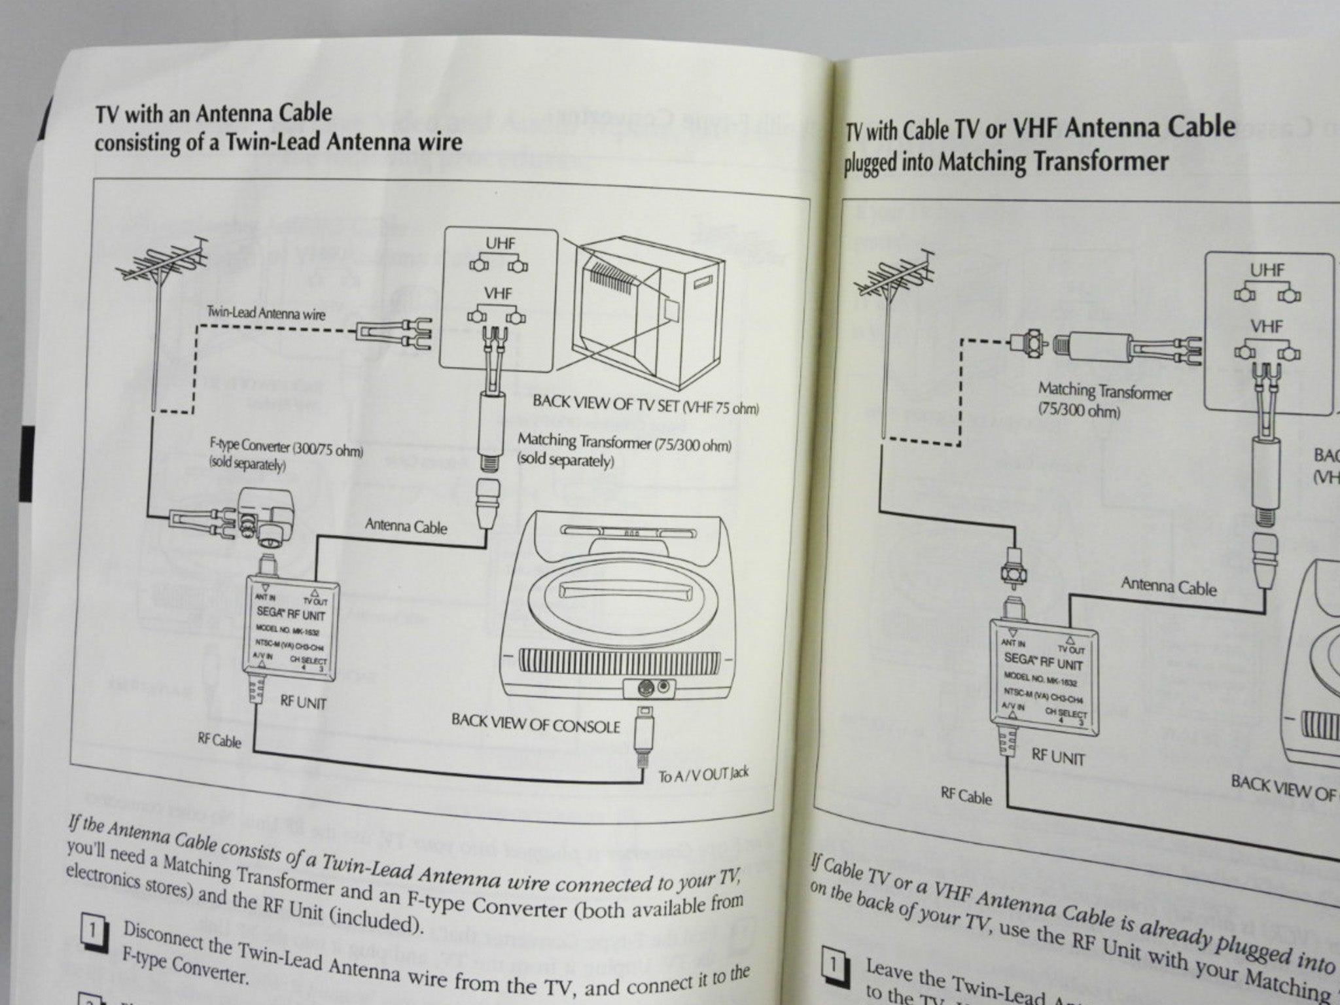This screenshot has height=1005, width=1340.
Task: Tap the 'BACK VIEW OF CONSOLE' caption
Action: tap(535, 724)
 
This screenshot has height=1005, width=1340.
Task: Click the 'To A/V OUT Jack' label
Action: tap(703, 775)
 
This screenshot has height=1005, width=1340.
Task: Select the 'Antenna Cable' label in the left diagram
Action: tap(406, 525)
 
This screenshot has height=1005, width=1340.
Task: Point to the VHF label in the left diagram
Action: tap(498, 294)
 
